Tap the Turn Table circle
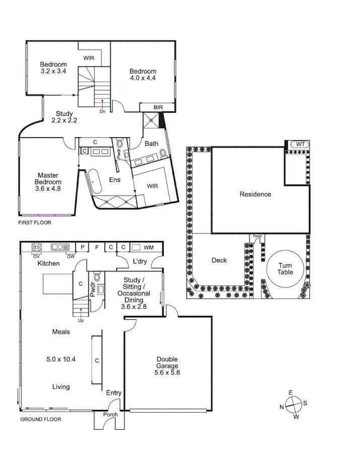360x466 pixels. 285,268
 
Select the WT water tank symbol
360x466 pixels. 300,144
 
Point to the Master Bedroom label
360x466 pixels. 48,182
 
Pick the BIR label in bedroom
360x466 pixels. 157,107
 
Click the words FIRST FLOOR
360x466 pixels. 35,222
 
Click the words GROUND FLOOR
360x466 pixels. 41,419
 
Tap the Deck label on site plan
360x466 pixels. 219,260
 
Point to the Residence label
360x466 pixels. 255,194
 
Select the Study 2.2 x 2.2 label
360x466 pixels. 64,117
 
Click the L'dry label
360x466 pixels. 140,261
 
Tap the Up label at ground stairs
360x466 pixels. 80,320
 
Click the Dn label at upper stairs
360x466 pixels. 102,111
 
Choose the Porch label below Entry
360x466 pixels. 110,415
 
